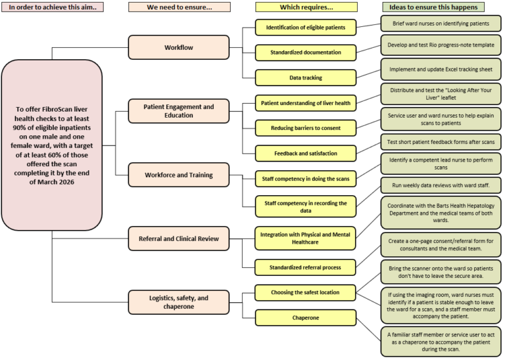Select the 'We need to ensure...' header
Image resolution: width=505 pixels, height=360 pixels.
[179, 7]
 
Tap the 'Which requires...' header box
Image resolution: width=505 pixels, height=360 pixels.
[306, 7]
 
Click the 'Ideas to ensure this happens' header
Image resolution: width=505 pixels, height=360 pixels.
[433, 7]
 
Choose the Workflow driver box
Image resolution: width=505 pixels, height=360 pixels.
[179, 48]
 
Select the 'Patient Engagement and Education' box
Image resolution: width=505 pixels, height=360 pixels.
[179, 110]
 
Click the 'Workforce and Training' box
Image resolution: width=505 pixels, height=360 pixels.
[179, 175]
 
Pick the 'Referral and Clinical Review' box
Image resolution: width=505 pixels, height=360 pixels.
[179, 238]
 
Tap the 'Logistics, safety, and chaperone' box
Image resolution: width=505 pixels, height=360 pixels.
[179, 302]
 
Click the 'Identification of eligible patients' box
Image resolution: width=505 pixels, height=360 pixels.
[306, 28]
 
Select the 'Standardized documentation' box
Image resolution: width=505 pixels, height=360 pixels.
[306, 53]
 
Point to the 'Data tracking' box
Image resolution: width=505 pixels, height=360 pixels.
[306, 78]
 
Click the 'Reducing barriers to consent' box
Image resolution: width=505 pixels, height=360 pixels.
[306, 127]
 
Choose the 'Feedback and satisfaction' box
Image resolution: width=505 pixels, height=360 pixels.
[306, 152]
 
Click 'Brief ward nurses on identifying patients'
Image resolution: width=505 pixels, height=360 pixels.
[441, 23]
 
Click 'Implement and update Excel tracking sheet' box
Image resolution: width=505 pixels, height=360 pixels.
[441, 68]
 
